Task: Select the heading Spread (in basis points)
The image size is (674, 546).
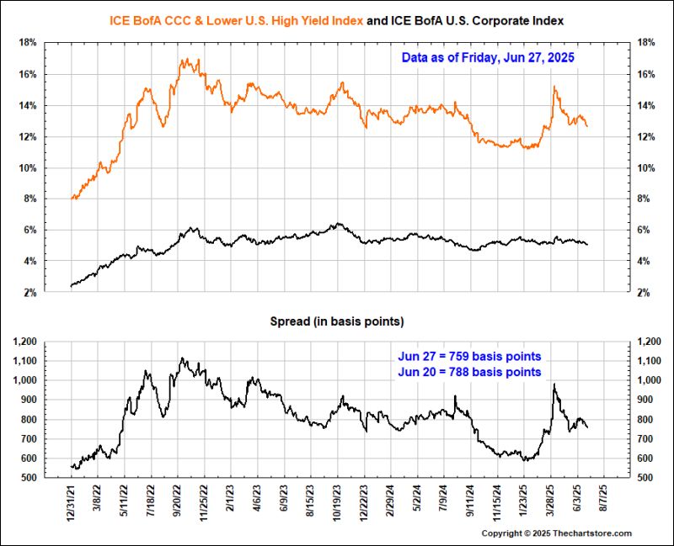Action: tap(337, 321)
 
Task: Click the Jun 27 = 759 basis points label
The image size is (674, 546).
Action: tap(470, 356)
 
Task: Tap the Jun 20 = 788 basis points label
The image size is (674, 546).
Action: tap(470, 372)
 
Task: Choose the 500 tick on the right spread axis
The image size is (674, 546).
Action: tap(648, 478)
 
